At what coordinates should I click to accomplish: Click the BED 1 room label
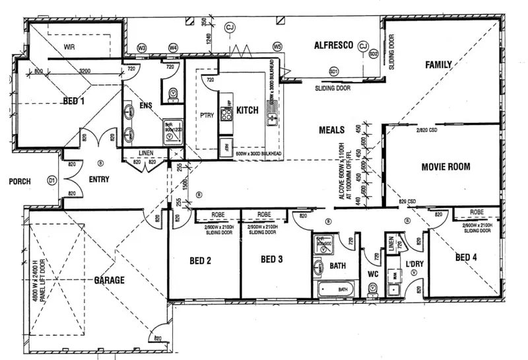[73, 101]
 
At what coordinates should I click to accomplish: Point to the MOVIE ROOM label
[445, 167]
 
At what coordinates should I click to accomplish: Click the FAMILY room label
[438, 65]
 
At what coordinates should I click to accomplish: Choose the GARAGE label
[109, 281]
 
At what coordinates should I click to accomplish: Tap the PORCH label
[20, 181]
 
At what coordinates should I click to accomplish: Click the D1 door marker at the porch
[51, 180]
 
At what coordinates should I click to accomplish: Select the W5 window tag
[277, 47]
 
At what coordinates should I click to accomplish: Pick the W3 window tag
[141, 48]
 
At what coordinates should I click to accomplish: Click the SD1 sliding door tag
[334, 70]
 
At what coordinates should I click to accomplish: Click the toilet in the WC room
[373, 289]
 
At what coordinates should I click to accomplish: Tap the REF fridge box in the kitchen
[227, 147]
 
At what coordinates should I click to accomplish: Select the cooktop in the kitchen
[226, 114]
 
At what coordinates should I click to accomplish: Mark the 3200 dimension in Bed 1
[86, 71]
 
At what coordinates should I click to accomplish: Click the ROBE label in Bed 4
[477, 213]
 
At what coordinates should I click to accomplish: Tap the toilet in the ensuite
[174, 94]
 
